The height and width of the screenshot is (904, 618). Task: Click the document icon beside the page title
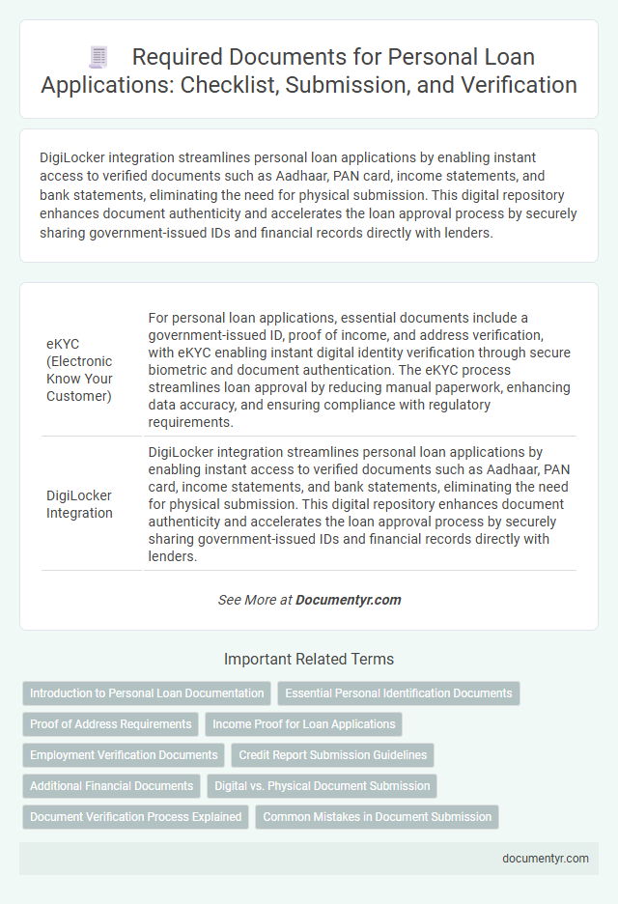point(98,58)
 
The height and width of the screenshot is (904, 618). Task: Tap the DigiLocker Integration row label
point(79,504)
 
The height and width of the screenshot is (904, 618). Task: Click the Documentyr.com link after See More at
point(348,600)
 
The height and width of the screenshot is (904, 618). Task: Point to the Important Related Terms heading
point(309,660)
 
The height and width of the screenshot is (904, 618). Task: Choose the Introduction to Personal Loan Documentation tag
point(147,693)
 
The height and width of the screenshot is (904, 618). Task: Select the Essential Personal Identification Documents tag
point(399,693)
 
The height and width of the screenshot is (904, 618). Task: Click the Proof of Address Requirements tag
point(110,724)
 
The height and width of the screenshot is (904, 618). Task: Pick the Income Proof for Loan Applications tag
point(303,724)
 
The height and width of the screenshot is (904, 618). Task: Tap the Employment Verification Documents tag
point(124,755)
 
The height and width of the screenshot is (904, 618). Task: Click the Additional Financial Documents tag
point(111,786)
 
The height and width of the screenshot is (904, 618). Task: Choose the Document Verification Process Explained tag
point(135,817)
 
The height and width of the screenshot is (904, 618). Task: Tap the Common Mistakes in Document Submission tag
point(377,817)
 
